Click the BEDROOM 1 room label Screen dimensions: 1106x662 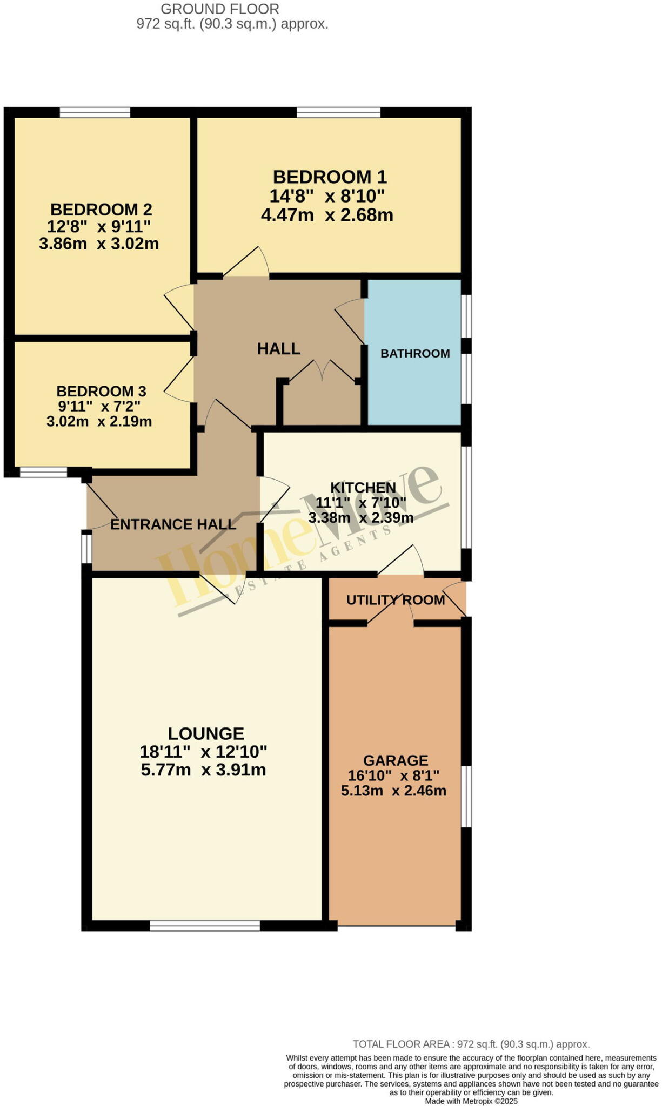tap(330, 177)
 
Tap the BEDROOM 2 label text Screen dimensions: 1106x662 tap(101, 210)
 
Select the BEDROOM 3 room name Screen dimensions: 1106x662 tap(101, 391)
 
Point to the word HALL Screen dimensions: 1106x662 tap(278, 349)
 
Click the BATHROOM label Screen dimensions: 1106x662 tap(415, 354)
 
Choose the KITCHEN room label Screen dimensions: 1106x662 tap(363, 488)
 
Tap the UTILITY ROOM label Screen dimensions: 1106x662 tap(396, 600)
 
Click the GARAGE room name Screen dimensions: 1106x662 tap(396, 760)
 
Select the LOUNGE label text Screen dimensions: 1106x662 tap(206, 733)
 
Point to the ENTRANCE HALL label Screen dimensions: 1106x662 tap(173, 524)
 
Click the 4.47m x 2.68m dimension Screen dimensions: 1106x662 tap(327, 215)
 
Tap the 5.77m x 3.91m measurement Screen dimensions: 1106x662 tap(203, 770)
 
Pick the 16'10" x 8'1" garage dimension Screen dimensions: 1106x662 tap(393, 775)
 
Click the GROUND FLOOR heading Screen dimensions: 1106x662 tap(220, 9)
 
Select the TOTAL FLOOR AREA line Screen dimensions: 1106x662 tap(471, 1044)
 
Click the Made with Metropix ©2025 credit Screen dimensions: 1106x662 tap(471, 1101)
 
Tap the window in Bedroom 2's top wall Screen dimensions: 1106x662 tap(95, 112)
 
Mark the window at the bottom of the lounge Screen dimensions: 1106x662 tap(205, 926)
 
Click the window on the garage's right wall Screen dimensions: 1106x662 tap(466, 796)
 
